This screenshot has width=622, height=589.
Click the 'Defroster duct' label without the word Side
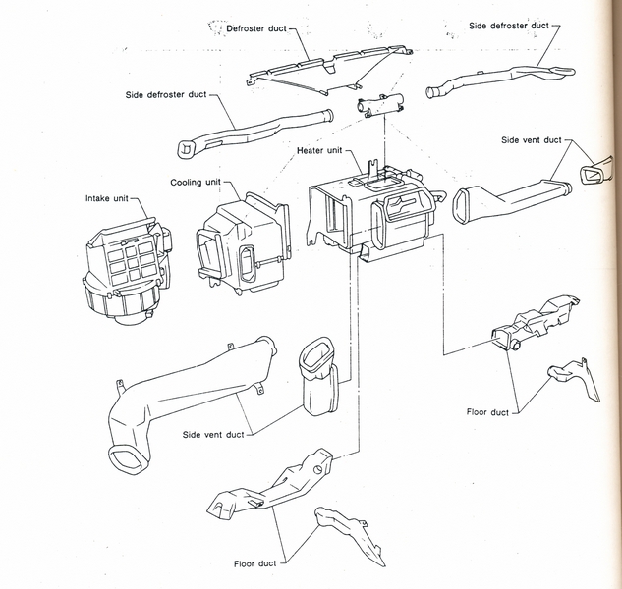click(256, 29)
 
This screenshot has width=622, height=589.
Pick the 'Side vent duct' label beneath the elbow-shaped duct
click(213, 433)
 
